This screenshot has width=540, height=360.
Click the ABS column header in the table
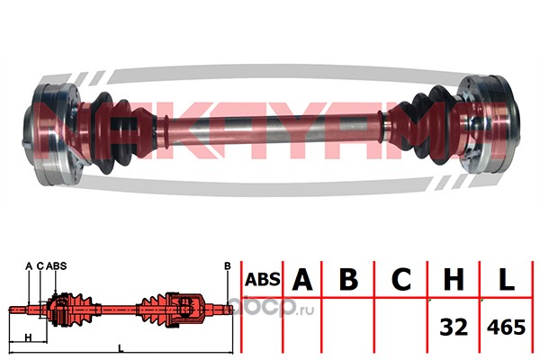point(263,279)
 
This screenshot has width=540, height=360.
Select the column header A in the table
point(302,279)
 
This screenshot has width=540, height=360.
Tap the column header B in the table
point(348,279)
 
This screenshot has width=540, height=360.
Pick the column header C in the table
point(400,279)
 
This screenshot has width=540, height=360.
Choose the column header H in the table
point(454,279)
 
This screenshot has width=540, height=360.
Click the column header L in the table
point(507,279)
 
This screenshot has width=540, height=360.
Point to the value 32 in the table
point(454,327)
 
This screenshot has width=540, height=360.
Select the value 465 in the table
point(506,327)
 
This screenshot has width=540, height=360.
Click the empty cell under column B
point(347,325)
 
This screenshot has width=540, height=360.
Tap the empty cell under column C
point(400,325)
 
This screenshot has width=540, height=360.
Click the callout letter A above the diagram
point(29,266)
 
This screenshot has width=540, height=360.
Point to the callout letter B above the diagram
point(228,266)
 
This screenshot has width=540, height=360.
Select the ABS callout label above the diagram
point(56,266)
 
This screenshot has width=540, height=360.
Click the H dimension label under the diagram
point(29,337)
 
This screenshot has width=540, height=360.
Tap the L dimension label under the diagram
point(121,348)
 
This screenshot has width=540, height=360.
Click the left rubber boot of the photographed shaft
point(119,132)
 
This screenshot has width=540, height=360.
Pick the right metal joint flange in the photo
point(489,125)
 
